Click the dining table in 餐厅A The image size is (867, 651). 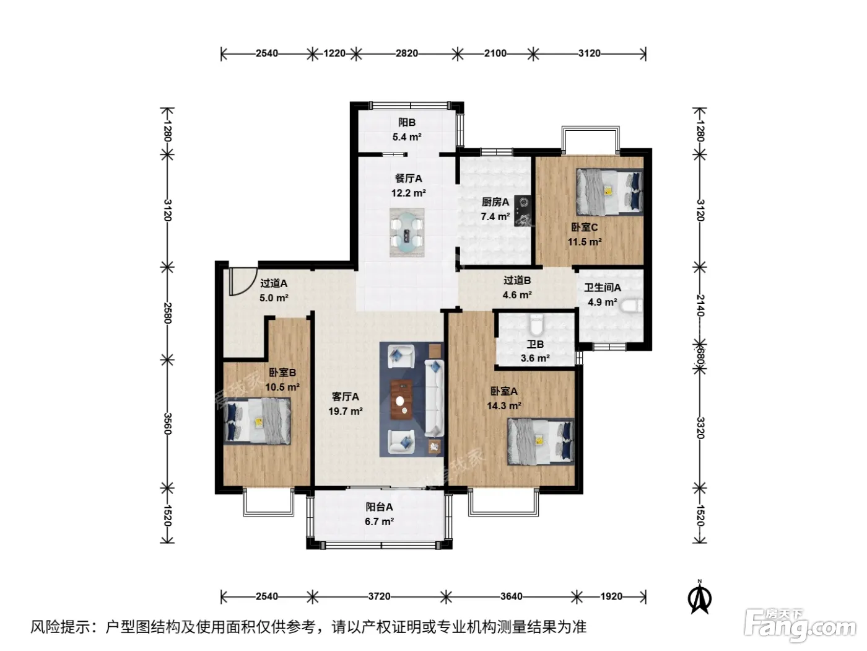coord(407,232)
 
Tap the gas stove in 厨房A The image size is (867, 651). coord(522,211)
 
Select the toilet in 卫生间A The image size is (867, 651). coord(631,306)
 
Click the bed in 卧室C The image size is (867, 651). coord(609,192)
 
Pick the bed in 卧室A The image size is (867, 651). coord(541,441)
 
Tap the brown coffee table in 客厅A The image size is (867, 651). coord(401,400)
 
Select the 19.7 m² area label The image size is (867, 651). coord(345,412)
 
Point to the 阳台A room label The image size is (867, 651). coord(379,507)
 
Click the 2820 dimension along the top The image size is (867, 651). coord(406,53)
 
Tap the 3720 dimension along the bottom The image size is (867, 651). coord(379,596)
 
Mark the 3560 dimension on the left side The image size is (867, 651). coord(167,423)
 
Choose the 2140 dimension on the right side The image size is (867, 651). coord(700,305)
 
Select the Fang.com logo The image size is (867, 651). coord(800,626)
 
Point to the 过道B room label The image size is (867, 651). coord(516,280)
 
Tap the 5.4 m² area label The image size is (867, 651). coord(406,137)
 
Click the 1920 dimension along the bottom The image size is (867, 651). coord(611,596)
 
